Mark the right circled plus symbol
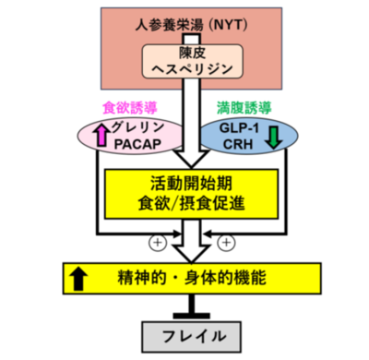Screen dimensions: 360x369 click(224, 244)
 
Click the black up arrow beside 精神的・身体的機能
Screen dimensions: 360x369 click(79, 274)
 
